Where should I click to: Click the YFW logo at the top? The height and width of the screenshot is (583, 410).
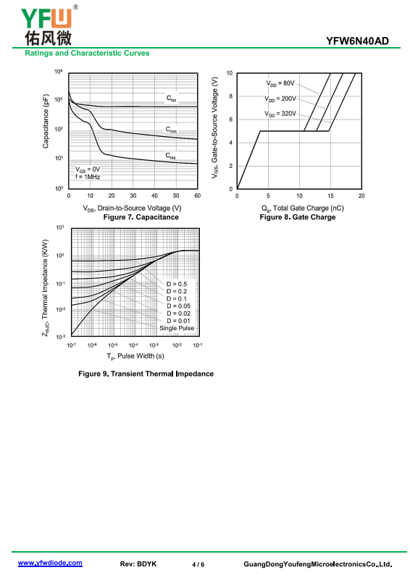(x=49, y=25)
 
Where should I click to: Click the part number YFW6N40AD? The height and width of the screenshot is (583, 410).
(x=357, y=41)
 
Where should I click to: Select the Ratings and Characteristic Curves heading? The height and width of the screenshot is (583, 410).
(x=87, y=53)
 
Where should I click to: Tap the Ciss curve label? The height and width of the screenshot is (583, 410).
(x=171, y=98)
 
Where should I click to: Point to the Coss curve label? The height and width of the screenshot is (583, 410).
(x=171, y=130)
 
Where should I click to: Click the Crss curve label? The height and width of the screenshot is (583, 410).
(x=171, y=156)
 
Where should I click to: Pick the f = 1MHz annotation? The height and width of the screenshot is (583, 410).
(x=88, y=177)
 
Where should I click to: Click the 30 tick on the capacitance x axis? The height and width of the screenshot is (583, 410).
(x=133, y=196)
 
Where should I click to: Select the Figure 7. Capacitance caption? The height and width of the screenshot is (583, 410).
(x=141, y=217)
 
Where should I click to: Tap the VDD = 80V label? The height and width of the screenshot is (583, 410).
(x=280, y=83)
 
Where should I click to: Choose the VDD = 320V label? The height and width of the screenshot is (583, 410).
(x=280, y=114)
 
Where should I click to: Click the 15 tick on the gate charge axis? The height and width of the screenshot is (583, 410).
(x=330, y=196)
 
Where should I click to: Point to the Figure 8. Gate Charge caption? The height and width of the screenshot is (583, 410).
(x=298, y=217)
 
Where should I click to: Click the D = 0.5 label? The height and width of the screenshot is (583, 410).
(x=177, y=284)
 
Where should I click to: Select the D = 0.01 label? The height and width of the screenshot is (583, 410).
(x=178, y=321)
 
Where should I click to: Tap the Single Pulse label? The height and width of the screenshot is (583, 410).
(x=177, y=328)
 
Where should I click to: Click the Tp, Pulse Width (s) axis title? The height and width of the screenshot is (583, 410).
(x=135, y=356)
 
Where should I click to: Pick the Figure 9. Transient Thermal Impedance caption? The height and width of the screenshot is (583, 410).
(x=146, y=374)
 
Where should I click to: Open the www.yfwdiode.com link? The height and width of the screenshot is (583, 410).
(x=50, y=563)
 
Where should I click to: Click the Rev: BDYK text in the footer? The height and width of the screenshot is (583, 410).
(x=138, y=564)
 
